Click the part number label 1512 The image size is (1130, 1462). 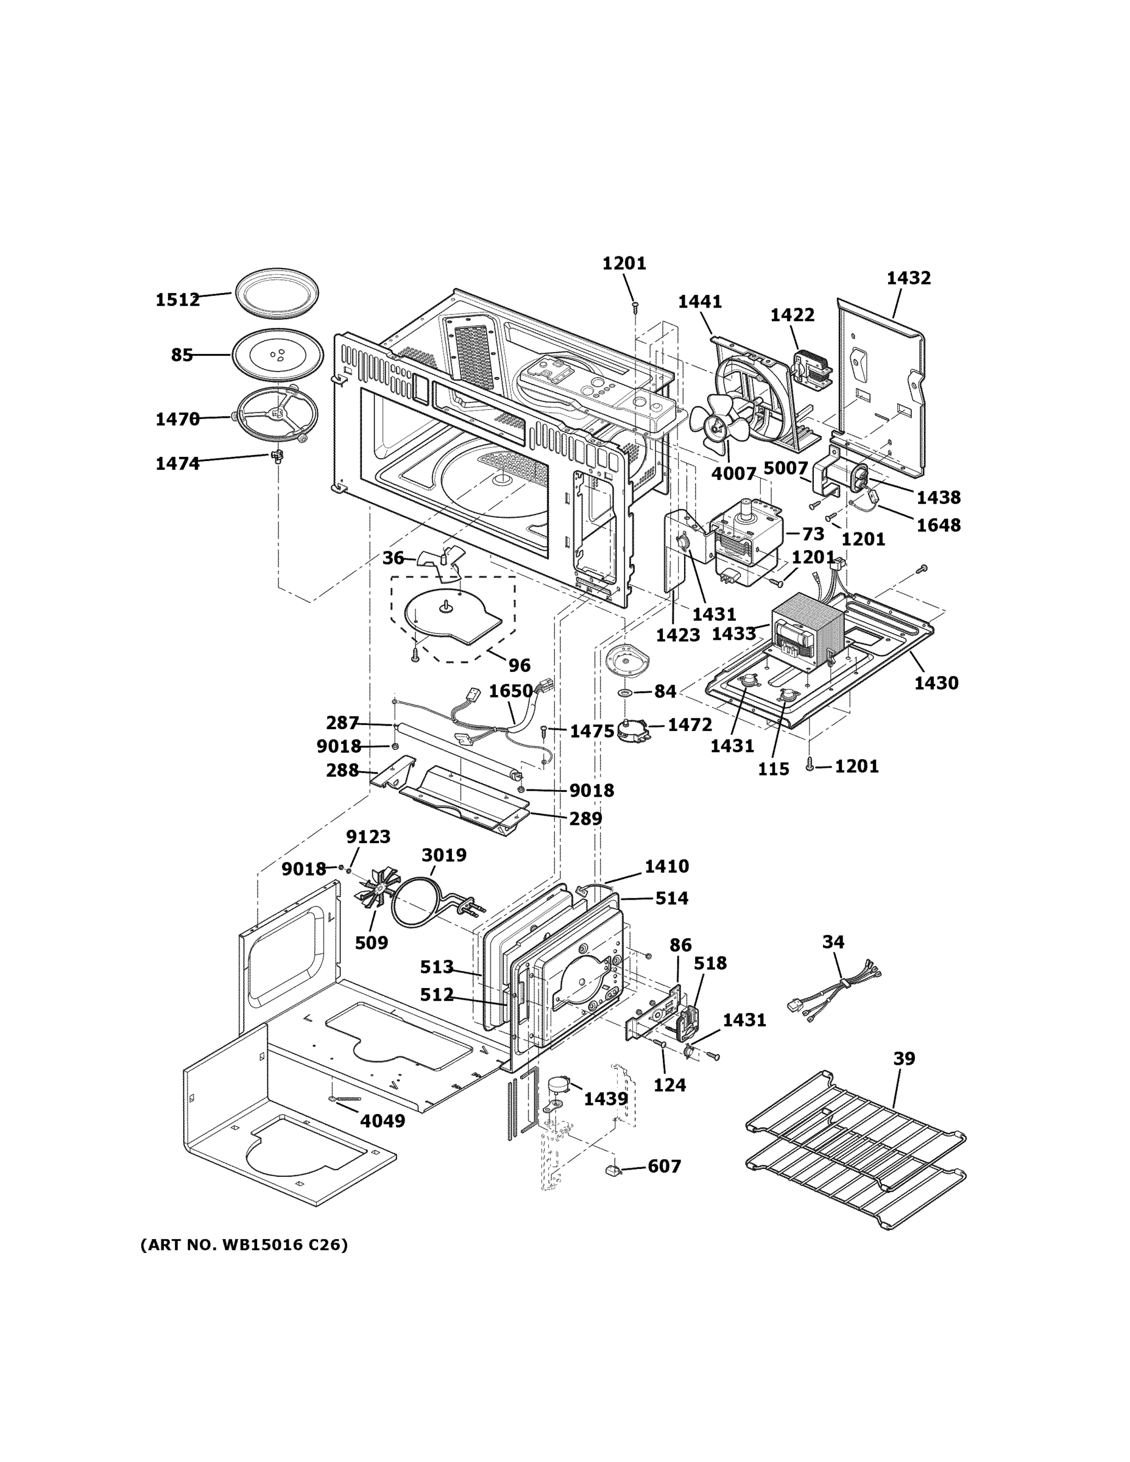pos(177,299)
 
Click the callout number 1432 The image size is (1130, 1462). pos(908,278)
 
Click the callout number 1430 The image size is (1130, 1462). pos(936,683)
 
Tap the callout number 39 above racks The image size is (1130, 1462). pos(904,1058)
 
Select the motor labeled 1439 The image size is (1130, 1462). pos(559,1085)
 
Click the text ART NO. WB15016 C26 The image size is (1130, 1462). pos(244,1245)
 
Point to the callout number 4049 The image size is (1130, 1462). pos(382,1121)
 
